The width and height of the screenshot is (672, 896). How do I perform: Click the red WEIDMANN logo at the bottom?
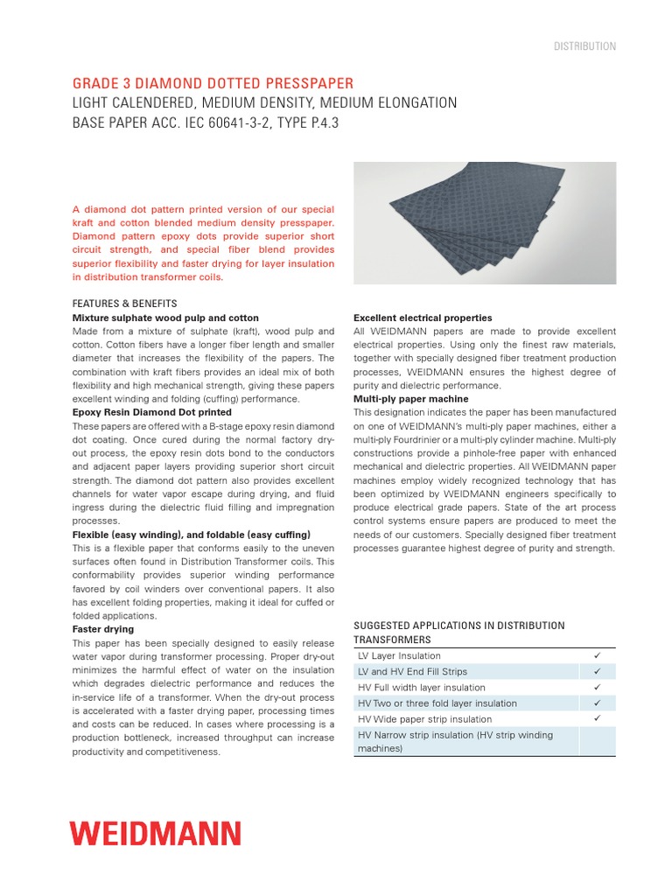point(156,833)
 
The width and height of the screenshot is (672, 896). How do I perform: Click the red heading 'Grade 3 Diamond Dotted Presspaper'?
point(213,84)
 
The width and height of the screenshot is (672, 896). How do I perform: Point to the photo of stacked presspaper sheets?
point(484,222)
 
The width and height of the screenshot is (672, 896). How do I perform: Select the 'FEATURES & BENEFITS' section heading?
point(124,304)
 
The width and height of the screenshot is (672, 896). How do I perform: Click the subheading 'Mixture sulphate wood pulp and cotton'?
point(165,318)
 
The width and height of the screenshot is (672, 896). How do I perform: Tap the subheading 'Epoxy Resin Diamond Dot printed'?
point(151,412)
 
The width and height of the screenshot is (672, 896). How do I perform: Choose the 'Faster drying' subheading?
point(103,629)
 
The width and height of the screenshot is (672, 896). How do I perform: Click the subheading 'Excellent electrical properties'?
point(423,318)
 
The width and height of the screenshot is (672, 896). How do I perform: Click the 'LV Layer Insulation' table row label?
point(399,656)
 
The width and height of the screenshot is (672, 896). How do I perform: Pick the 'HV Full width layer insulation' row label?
point(422,688)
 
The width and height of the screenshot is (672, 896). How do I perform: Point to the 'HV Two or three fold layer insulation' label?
point(437,703)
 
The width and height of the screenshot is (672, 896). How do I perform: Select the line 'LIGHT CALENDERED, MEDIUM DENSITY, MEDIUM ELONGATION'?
point(264,103)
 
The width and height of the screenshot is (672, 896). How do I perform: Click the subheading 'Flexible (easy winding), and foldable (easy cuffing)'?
point(191,535)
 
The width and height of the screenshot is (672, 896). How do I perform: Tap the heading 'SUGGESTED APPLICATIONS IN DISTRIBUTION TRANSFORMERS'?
point(458,632)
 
